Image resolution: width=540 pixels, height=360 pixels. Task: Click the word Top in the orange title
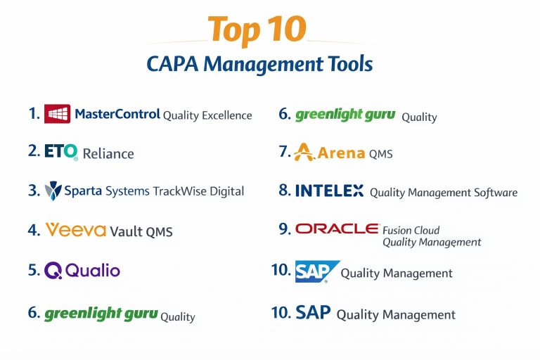click(x=234, y=30)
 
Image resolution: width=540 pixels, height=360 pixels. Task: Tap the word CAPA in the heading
click(x=172, y=64)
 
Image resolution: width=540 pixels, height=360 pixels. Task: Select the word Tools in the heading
click(x=350, y=64)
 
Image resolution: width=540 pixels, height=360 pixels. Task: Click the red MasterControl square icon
click(x=57, y=114)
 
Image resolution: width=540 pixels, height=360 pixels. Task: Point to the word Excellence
click(x=227, y=115)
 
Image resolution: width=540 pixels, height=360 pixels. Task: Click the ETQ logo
click(x=61, y=152)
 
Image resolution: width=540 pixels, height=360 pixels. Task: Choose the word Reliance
click(x=108, y=154)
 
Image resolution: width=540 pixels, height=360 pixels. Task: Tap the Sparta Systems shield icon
click(x=53, y=191)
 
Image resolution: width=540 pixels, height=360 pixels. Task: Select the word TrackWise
click(x=179, y=191)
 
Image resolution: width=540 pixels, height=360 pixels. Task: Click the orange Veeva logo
click(x=76, y=230)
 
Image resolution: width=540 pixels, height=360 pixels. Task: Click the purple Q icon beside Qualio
click(x=53, y=271)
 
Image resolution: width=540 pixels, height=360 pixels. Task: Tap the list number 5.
click(x=34, y=270)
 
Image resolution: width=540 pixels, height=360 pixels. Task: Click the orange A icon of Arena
click(x=304, y=152)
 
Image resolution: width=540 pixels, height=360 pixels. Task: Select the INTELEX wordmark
click(x=329, y=191)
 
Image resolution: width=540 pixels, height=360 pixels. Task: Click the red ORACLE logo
click(x=337, y=229)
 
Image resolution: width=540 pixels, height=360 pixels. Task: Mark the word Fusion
click(x=396, y=230)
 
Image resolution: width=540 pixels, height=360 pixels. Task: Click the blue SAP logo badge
click(x=318, y=271)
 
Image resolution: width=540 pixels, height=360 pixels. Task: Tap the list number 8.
click(x=285, y=190)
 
